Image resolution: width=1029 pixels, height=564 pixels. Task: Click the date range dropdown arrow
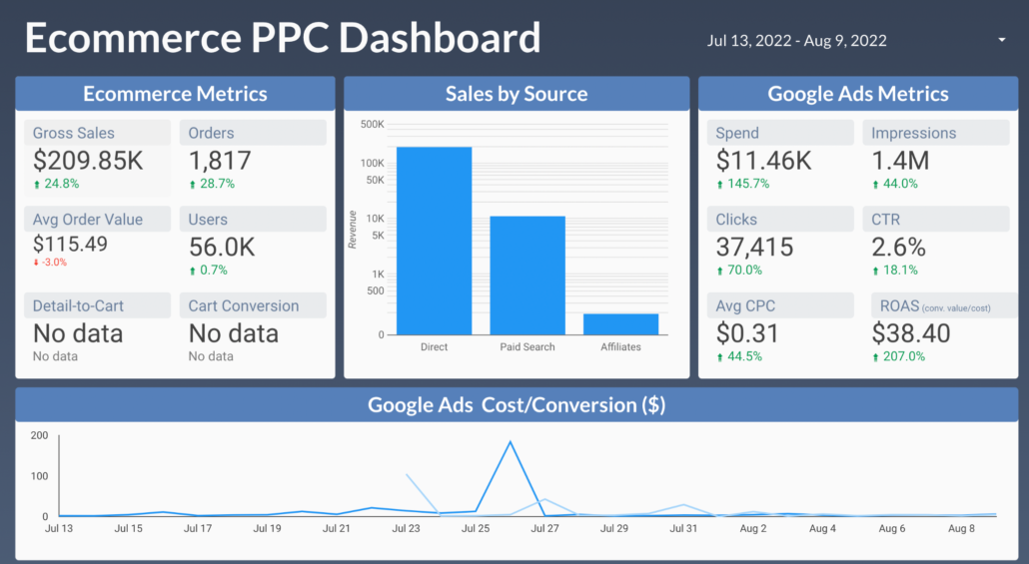tap(1001, 40)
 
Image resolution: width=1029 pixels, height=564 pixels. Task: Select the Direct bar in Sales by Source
tap(434, 241)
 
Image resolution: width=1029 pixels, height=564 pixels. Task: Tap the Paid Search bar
tap(526, 275)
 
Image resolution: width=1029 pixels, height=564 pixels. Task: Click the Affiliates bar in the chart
tap(620, 324)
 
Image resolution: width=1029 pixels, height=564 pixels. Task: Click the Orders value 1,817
tap(220, 161)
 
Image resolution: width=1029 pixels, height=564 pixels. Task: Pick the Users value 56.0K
tap(222, 247)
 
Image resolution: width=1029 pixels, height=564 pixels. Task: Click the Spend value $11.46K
tap(763, 161)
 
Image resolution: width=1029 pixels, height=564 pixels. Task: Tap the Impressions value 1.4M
tap(900, 161)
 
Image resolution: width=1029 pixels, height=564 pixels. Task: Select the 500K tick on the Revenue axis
tap(372, 125)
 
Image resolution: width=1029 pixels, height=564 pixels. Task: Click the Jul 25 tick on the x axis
tap(475, 528)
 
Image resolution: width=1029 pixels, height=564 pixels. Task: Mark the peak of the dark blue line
tap(511, 441)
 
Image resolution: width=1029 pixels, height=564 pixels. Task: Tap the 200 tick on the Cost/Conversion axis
tap(40, 435)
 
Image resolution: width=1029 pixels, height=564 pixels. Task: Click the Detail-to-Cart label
tap(78, 305)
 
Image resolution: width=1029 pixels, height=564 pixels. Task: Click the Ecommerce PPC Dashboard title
tap(283, 38)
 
